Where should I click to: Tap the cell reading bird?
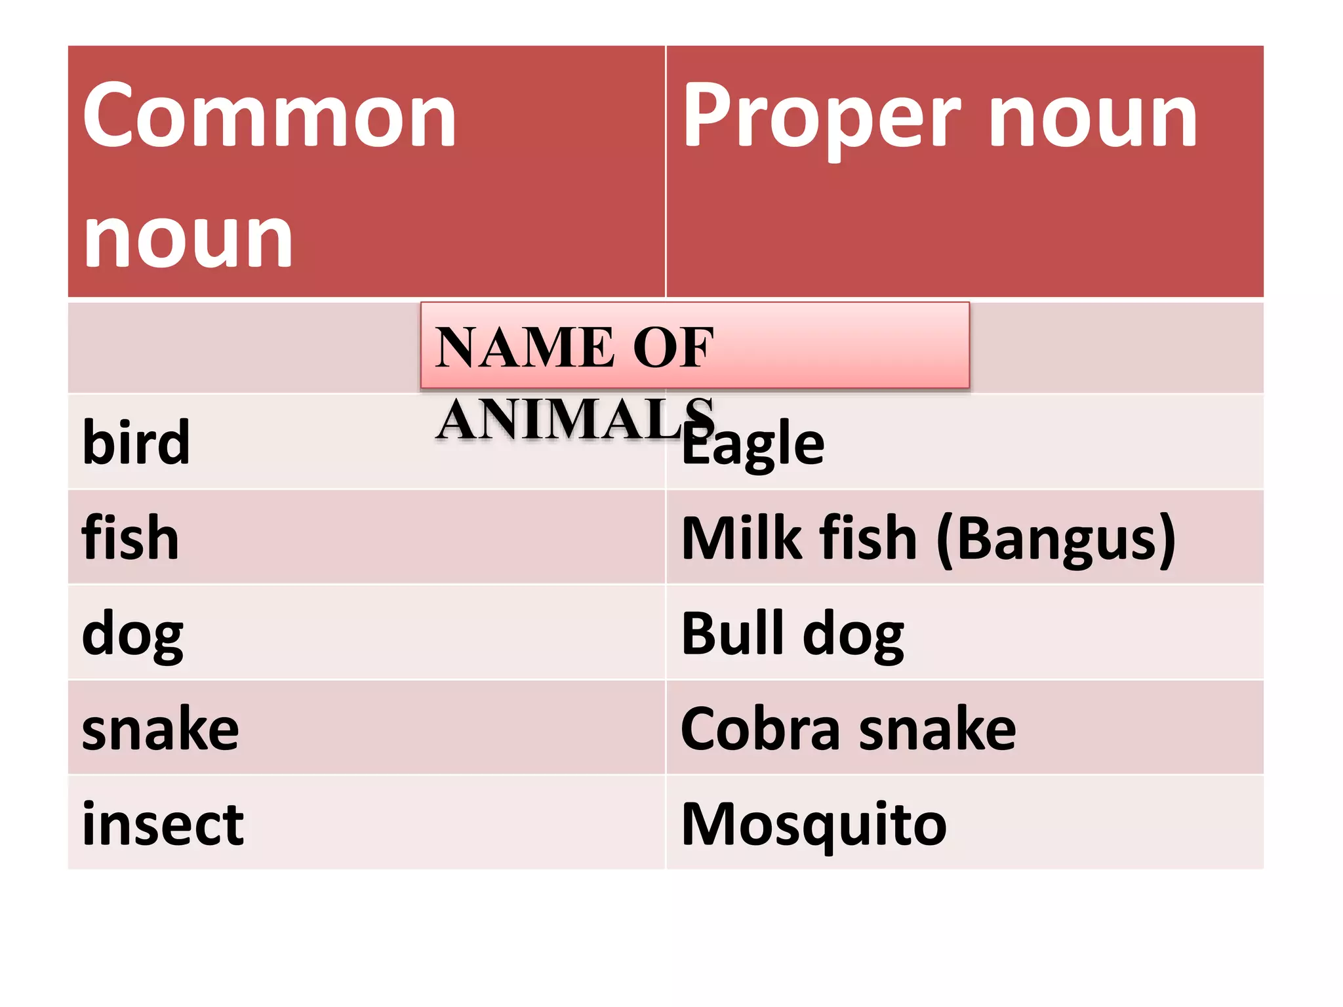pyautogui.click(x=136, y=443)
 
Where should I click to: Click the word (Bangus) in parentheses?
pyautogui.click(x=1056, y=539)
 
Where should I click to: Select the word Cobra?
pyautogui.click(x=761, y=729)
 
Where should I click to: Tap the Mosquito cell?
pyautogui.click(x=814, y=824)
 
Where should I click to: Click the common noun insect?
pyautogui.click(x=163, y=824)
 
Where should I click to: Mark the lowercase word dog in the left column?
pyautogui.click(x=132, y=634)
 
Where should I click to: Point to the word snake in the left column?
pyautogui.click(x=161, y=729)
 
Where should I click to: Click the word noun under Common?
pyautogui.click(x=188, y=239)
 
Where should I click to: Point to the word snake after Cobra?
pyautogui.click(x=938, y=729)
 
